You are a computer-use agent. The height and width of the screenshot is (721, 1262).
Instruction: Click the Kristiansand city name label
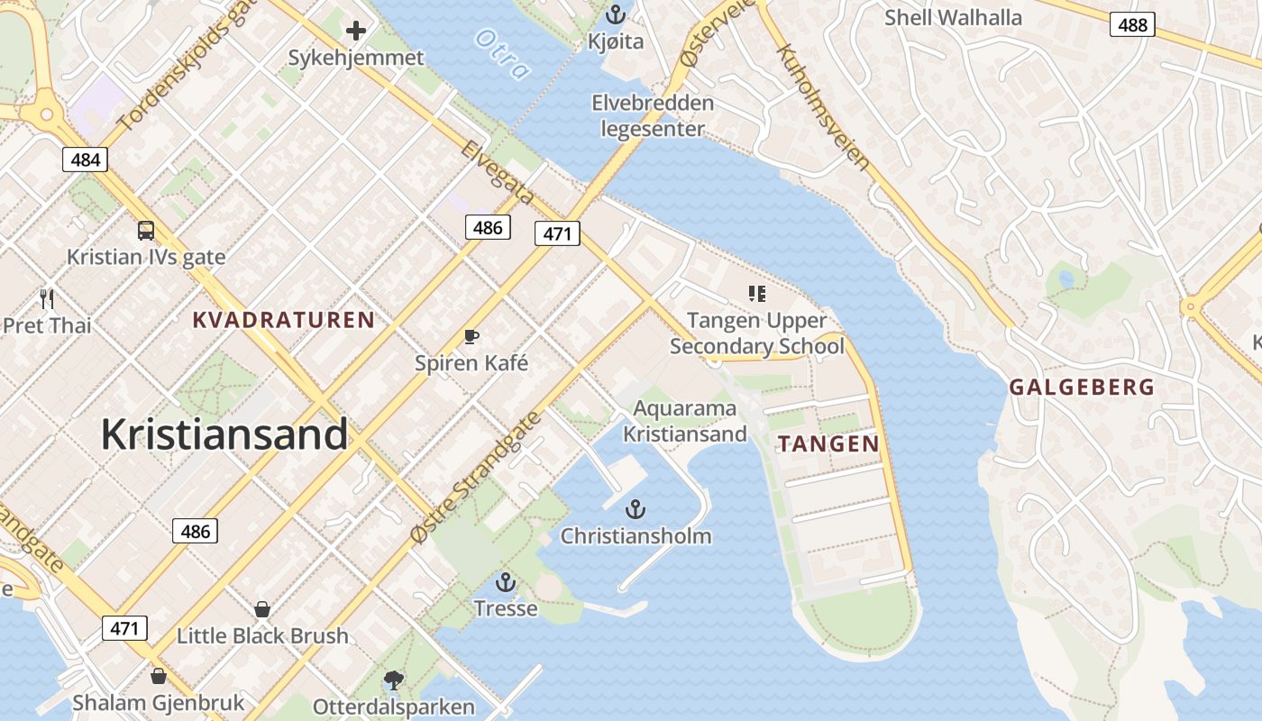[x=224, y=434]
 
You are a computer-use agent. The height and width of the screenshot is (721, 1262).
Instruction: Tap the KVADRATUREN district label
[x=284, y=320]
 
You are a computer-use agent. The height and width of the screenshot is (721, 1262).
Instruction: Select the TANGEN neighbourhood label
[x=828, y=443]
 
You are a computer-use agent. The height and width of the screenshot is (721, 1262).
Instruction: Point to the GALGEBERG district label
[x=1081, y=388]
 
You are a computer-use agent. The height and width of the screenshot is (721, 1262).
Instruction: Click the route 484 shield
[x=86, y=160]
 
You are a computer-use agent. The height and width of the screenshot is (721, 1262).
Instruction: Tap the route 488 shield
[x=1132, y=24]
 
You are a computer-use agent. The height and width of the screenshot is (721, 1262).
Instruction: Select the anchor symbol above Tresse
[x=505, y=582]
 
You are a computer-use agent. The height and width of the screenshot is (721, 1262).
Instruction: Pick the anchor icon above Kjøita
[x=616, y=14]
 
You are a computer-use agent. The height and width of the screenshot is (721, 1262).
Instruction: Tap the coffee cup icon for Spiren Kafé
[x=471, y=337]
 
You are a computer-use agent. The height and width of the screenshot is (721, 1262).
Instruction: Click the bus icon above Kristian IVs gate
[x=146, y=231]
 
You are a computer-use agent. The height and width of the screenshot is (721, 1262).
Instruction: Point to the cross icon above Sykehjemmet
[x=356, y=32]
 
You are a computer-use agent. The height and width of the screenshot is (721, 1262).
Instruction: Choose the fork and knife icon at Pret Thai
[x=47, y=298]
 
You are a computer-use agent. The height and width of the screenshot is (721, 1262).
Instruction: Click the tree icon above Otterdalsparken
[x=393, y=680]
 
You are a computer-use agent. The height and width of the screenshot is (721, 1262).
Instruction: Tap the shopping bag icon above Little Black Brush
[x=261, y=609]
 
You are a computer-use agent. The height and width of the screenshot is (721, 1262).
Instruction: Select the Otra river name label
[x=499, y=53]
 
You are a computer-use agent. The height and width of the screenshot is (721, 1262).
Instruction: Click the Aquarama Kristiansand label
[x=684, y=421]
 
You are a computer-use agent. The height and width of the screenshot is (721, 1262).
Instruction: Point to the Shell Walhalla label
[x=953, y=17]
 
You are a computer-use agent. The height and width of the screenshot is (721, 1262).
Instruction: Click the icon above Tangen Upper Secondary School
[x=756, y=294]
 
